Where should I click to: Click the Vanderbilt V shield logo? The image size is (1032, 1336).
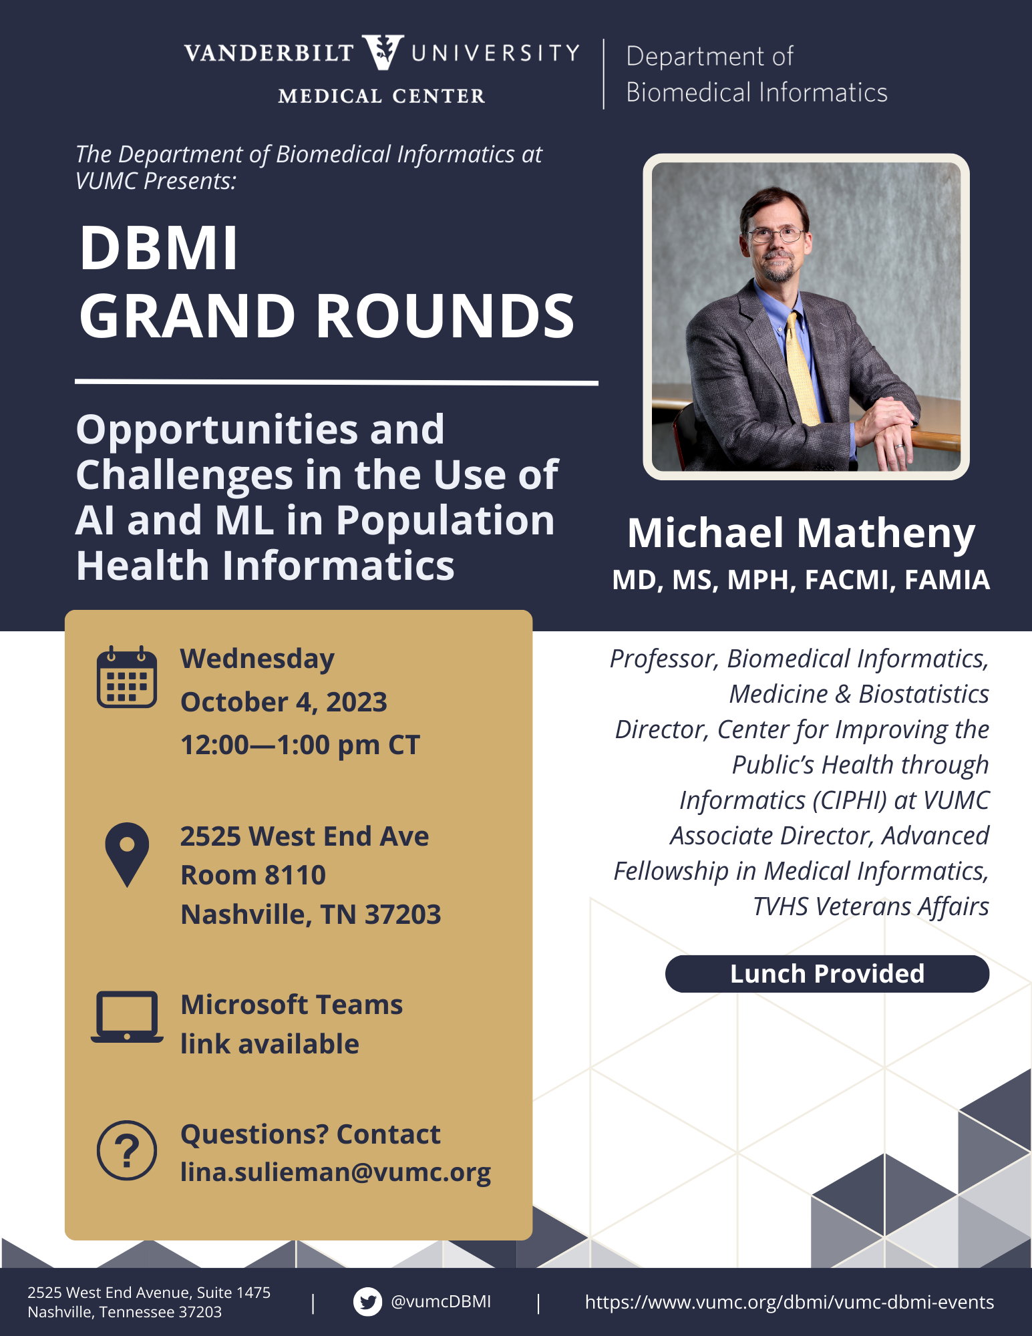pyautogui.click(x=383, y=52)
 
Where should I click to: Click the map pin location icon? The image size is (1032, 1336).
pyautogui.click(x=127, y=854)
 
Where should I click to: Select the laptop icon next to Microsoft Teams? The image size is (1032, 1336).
pyautogui.click(x=127, y=1016)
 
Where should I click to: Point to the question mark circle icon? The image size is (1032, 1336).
pyautogui.click(x=127, y=1150)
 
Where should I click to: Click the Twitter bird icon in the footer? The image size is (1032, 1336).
pyautogui.click(x=367, y=1302)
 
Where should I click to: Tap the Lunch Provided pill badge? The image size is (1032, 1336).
pyautogui.click(x=827, y=974)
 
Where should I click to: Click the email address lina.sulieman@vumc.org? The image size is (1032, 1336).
pyautogui.click(x=335, y=1172)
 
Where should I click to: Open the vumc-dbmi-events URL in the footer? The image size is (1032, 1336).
pyautogui.click(x=790, y=1302)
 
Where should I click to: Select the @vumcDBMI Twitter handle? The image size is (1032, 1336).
pyautogui.click(x=441, y=1301)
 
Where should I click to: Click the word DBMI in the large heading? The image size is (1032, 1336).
pyautogui.click(x=158, y=248)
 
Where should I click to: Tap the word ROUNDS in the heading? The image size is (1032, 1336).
pyautogui.click(x=445, y=316)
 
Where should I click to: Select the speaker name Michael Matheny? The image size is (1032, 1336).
pyautogui.click(x=802, y=533)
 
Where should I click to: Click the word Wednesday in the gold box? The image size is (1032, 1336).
pyautogui.click(x=257, y=659)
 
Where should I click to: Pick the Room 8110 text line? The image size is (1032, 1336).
pyautogui.click(x=253, y=875)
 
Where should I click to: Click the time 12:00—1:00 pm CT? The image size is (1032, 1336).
pyautogui.click(x=300, y=745)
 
